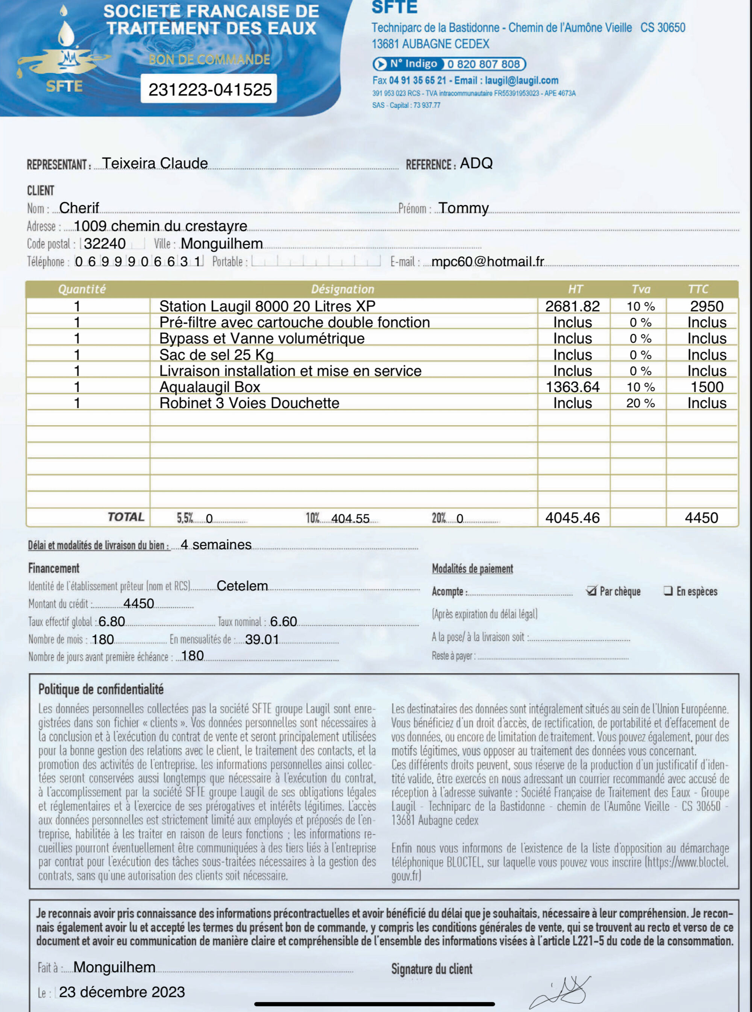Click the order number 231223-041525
pyautogui.click(x=210, y=89)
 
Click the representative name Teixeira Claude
pyautogui.click(x=155, y=163)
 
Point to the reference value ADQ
pyautogui.click(x=476, y=163)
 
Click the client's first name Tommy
pyautogui.click(x=463, y=208)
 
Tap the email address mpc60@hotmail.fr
pyautogui.click(x=488, y=261)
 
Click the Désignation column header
pyautogui.click(x=342, y=289)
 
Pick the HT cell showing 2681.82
pyautogui.click(x=572, y=306)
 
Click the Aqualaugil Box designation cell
pyautogui.click(x=210, y=387)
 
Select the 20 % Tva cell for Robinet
pyautogui.click(x=640, y=403)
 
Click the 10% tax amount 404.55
pyautogui.click(x=350, y=519)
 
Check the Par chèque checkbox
pyautogui.click(x=591, y=591)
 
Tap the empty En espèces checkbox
pyautogui.click(x=668, y=591)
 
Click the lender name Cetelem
pyautogui.click(x=242, y=586)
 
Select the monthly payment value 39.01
pyautogui.click(x=262, y=640)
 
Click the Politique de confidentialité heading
pyautogui.click(x=101, y=689)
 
